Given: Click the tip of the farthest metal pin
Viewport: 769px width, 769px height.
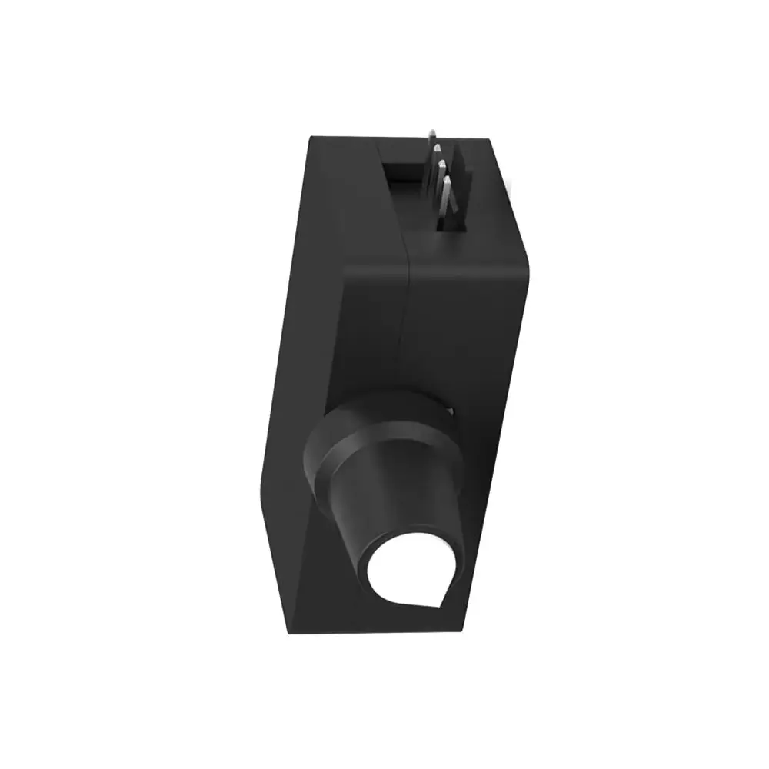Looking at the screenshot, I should pos(434,131).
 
